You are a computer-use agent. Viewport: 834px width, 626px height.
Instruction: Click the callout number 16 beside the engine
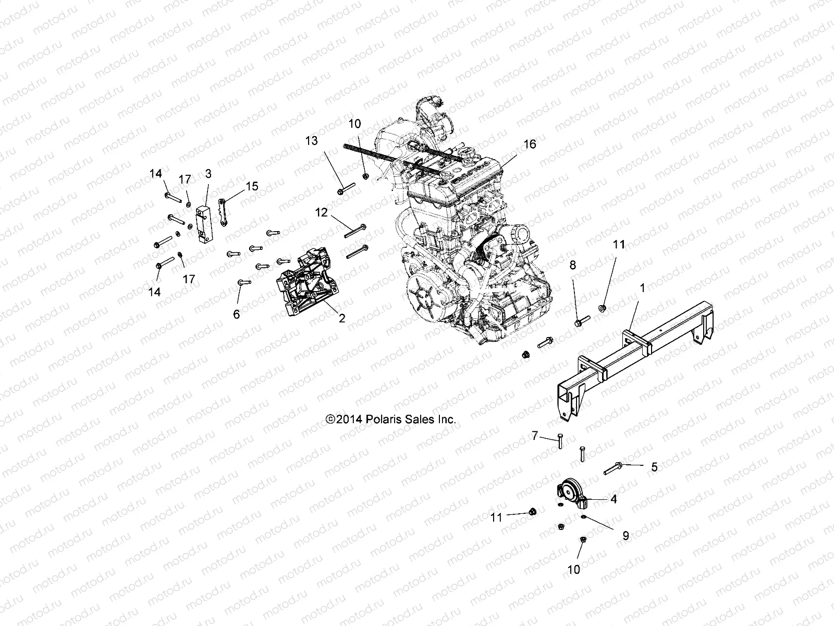point(529,144)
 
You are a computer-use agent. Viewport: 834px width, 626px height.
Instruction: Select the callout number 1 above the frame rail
point(642,288)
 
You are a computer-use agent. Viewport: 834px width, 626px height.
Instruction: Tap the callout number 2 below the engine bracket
point(342,318)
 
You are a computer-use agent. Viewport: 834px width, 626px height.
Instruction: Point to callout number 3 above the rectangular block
point(208,173)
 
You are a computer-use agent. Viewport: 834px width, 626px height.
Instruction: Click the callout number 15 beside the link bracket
point(252,186)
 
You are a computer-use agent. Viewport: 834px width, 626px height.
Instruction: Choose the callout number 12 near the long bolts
point(322,212)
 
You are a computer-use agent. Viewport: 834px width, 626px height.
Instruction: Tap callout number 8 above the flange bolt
point(573,265)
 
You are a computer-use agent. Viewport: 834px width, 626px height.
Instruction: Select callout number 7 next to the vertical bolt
point(534,435)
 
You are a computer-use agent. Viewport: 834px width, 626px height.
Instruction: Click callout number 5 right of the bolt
point(654,467)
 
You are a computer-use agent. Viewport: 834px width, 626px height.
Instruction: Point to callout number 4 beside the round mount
point(614,499)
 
